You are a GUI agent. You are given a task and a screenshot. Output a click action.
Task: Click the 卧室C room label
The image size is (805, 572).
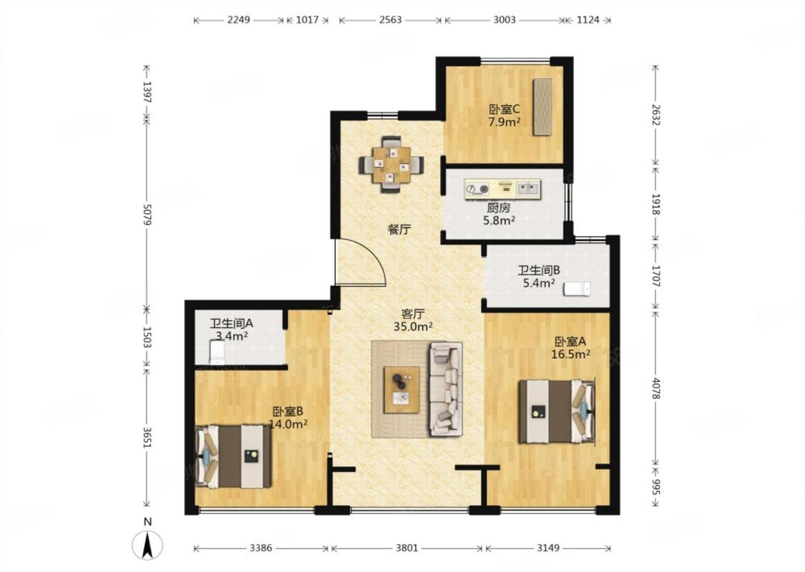tap(504, 109)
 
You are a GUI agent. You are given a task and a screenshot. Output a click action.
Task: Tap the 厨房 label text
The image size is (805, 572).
tap(499, 208)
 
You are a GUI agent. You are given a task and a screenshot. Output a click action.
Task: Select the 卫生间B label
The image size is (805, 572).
tap(539, 270)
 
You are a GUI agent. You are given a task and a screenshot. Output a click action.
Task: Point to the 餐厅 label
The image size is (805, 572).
tap(399, 230)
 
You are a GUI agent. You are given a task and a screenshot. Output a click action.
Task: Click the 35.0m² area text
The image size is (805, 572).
tap(413, 326)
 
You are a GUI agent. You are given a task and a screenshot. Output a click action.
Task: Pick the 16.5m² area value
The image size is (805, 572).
tap(570, 354)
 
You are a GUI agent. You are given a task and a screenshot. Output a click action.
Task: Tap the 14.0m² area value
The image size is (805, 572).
tap(288, 424)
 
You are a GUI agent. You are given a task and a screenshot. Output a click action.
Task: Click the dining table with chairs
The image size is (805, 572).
tap(391, 164)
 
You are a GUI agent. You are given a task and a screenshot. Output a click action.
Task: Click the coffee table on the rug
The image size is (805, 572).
tap(401, 390)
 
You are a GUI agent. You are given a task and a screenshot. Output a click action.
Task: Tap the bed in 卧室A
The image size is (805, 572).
tap(557, 411)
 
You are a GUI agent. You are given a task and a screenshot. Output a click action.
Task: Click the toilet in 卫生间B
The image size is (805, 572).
tap(577, 290)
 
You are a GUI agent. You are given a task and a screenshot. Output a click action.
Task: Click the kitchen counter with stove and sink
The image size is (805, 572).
tap(502, 189)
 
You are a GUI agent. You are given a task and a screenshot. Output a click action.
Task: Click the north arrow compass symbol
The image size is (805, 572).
tap(147, 544)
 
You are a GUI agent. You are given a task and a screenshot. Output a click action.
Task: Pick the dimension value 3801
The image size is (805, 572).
tap(406, 548)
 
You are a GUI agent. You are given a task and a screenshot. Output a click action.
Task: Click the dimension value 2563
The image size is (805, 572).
tap(390, 19)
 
